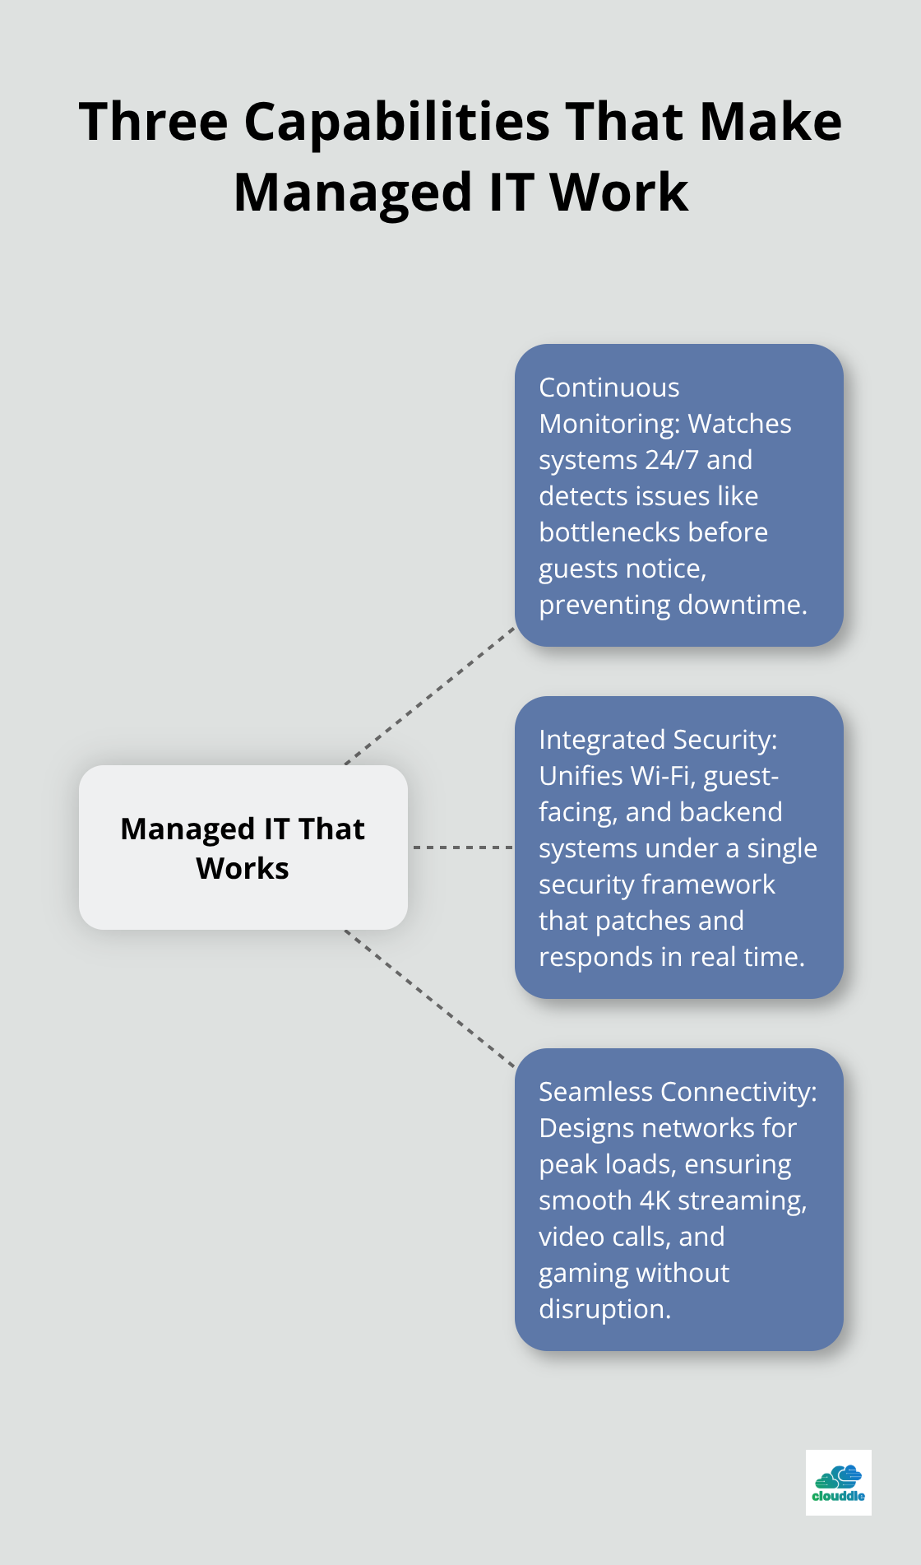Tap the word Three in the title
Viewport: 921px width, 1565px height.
153,122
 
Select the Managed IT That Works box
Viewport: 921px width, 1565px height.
243,848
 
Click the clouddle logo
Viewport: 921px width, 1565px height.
838,1483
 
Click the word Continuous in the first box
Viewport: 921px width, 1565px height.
609,388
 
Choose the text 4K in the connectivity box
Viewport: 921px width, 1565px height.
655,1200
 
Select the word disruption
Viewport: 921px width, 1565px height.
604,1309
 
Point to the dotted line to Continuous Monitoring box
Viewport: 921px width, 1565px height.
430,696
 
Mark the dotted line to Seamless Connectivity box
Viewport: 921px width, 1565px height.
430,999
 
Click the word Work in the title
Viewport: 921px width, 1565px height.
618,193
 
